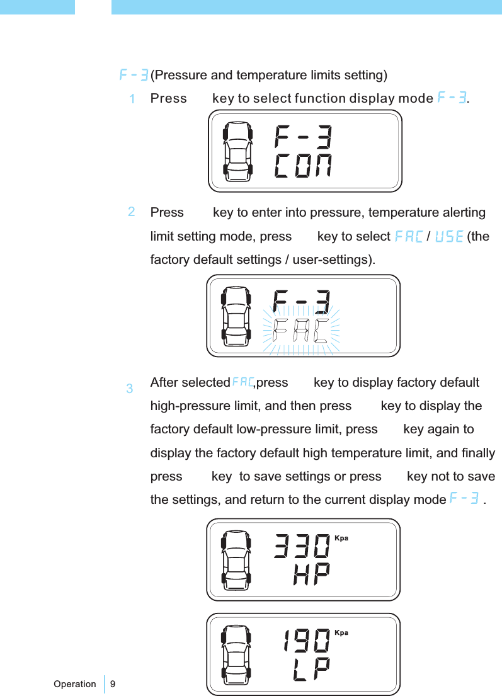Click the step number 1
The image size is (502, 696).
pyautogui.click(x=132, y=100)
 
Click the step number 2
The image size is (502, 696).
pyautogui.click(x=132, y=212)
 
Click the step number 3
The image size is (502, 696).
pyautogui.click(x=129, y=389)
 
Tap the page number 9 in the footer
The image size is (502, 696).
pyautogui.click(x=113, y=683)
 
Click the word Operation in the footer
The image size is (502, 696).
pyautogui.click(x=75, y=683)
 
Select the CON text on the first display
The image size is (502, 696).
pyautogui.click(x=304, y=167)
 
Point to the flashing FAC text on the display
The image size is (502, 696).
pyautogui.click(x=302, y=330)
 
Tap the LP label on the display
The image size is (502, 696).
pyautogui.click(x=311, y=670)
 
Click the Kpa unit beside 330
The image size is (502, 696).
pyautogui.click(x=341, y=539)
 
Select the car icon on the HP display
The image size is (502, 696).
pyautogui.click(x=236, y=559)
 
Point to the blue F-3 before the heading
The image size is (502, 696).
pyautogui.click(x=134, y=76)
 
